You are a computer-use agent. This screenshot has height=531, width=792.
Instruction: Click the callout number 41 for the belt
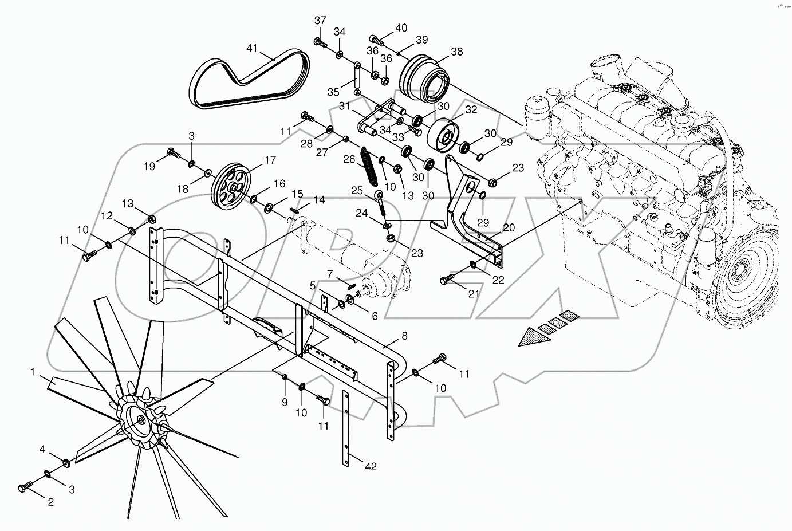pyautogui.click(x=253, y=49)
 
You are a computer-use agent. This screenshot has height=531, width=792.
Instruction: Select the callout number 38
pyautogui.click(x=456, y=52)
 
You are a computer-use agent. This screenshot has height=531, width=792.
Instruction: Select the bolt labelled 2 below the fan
pyautogui.click(x=25, y=487)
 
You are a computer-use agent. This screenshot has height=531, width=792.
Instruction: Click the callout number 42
pyautogui.click(x=371, y=466)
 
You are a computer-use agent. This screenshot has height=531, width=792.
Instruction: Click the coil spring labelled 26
pyautogui.click(x=370, y=166)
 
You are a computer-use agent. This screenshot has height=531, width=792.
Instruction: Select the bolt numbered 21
pyautogui.click(x=447, y=280)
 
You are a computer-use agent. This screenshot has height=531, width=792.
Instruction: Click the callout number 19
pyautogui.click(x=149, y=167)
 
